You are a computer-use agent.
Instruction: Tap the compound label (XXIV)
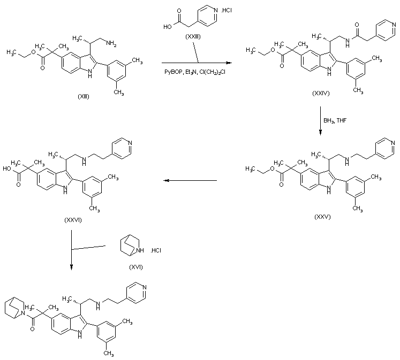click(x=321, y=93)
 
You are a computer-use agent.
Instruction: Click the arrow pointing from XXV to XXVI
click(x=190, y=181)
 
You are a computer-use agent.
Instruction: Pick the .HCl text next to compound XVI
click(x=156, y=250)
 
